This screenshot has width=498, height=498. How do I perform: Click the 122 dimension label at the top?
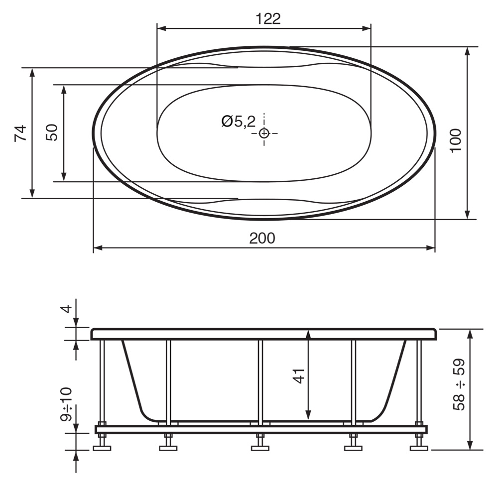click(268, 19)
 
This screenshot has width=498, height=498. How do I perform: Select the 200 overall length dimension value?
click(262, 238)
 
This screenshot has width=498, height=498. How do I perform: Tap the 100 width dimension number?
click(457, 140)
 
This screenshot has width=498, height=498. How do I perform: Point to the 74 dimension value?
click(20, 133)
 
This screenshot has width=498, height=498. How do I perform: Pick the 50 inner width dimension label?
click(52, 132)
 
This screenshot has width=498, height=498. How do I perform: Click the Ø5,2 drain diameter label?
click(238, 121)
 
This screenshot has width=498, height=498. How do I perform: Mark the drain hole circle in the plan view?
click(264, 133)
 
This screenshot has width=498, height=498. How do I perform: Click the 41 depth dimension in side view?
click(299, 376)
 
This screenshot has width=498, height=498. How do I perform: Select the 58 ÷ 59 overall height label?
click(459, 384)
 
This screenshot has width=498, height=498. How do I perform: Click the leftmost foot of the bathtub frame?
click(102, 448)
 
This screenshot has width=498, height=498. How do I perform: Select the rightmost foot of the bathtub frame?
click(418, 448)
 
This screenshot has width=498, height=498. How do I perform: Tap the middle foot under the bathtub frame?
click(260, 448)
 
